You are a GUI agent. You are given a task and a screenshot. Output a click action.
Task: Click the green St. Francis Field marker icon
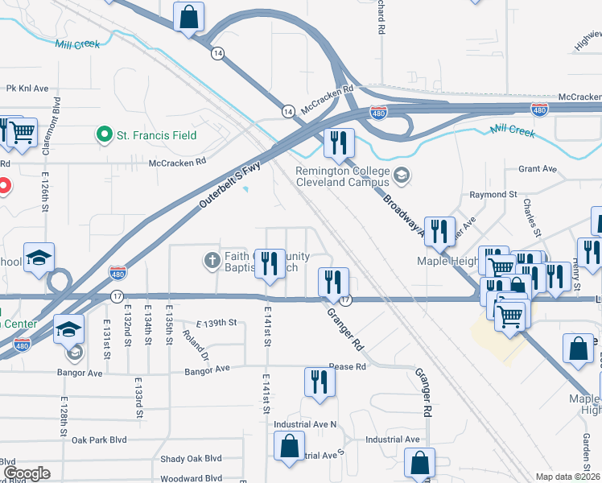point(103,134)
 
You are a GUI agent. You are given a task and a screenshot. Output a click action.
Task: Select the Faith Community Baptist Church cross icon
point(212,260)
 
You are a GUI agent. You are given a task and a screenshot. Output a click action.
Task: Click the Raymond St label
point(493,195)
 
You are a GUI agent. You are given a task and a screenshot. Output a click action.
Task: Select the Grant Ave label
point(538,169)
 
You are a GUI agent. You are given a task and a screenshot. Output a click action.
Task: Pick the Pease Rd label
point(347,366)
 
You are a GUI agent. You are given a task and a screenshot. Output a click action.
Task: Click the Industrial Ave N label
point(305,424)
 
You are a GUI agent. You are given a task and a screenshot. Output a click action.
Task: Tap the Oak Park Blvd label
point(99,440)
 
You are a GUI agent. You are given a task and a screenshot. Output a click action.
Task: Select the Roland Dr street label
point(196,345)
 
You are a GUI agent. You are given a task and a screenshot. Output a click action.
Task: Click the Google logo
point(26,473)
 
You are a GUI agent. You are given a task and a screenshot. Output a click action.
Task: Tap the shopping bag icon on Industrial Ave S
point(289,446)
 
